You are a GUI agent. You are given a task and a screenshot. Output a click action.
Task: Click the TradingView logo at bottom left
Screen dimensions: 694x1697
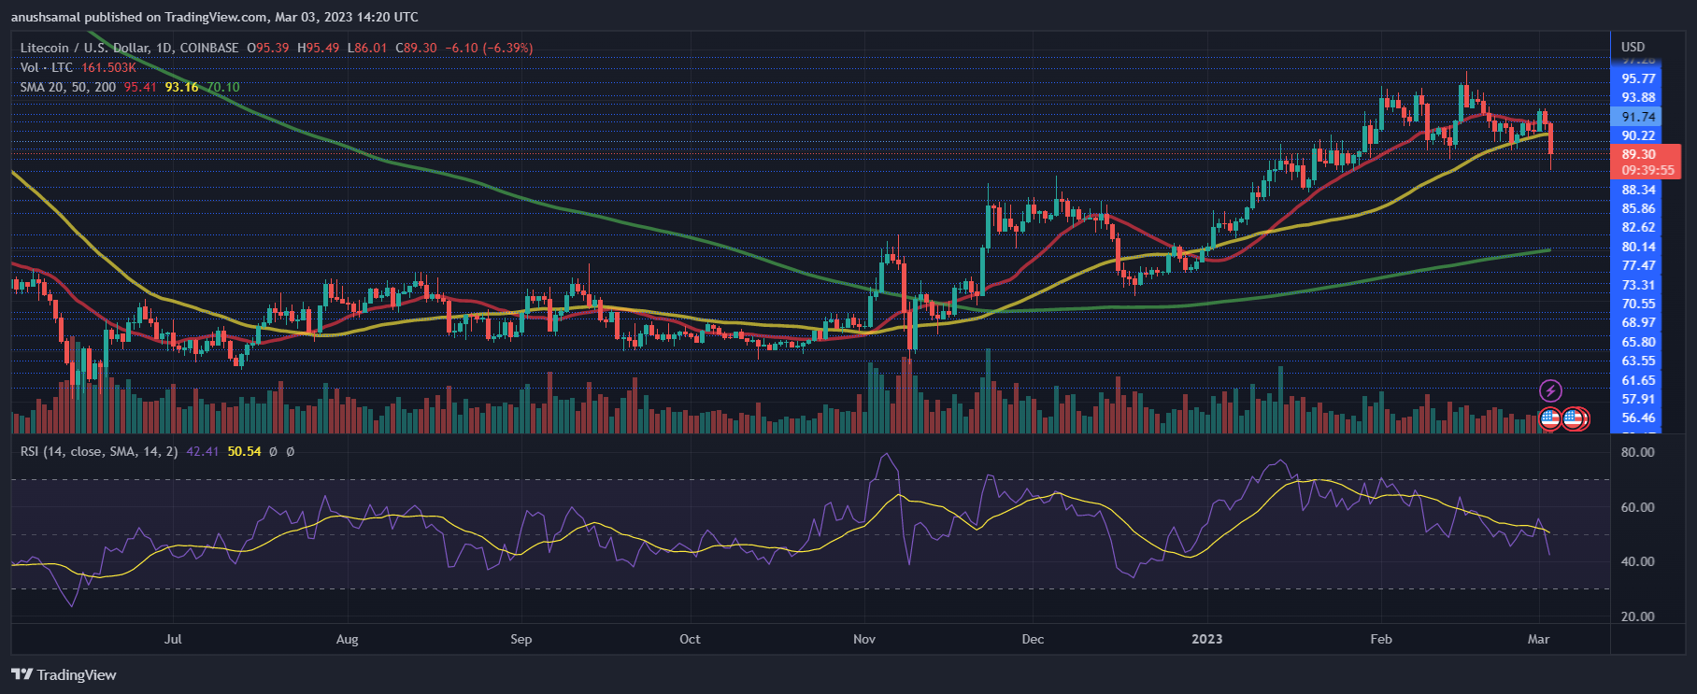click(x=64, y=674)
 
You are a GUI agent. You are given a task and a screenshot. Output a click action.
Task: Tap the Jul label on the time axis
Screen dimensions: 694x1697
click(x=173, y=639)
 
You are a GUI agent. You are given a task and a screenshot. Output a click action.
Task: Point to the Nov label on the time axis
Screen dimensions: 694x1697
click(x=864, y=639)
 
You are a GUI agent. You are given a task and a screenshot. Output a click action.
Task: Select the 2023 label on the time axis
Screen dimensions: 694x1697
click(x=1206, y=639)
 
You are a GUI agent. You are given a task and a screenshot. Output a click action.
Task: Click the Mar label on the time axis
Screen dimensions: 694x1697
click(x=1538, y=639)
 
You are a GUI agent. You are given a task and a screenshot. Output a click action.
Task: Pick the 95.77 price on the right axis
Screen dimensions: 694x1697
click(x=1638, y=78)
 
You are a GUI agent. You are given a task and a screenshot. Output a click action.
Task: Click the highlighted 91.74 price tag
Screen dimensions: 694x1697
click(x=1638, y=117)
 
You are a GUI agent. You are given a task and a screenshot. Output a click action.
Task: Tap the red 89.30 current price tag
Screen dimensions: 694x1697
click(x=1641, y=155)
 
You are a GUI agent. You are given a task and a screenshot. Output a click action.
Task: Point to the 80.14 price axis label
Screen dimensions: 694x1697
click(x=1638, y=247)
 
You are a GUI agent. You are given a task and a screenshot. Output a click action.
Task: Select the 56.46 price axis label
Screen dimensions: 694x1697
click(x=1638, y=418)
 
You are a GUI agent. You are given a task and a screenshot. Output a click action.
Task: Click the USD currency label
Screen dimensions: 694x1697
click(x=1633, y=47)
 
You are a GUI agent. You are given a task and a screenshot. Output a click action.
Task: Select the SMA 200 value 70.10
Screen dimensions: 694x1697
click(x=223, y=87)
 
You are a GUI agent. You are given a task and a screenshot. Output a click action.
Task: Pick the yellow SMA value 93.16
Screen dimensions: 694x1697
click(x=181, y=87)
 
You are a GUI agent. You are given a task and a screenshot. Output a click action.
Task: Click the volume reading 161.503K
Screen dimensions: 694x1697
click(x=108, y=67)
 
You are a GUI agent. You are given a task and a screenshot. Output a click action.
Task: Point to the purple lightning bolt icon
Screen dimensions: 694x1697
click(x=1550, y=390)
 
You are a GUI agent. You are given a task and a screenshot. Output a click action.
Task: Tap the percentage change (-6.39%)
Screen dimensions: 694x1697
click(x=507, y=48)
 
